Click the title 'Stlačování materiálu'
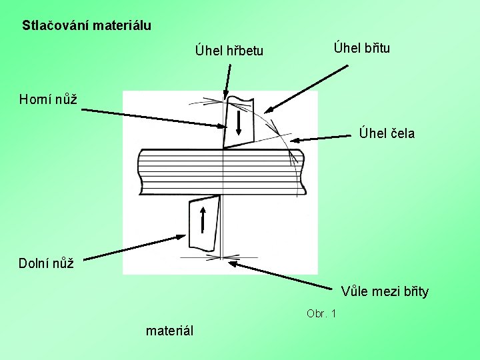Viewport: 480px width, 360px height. (87, 26)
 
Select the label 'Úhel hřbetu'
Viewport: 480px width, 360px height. (229, 51)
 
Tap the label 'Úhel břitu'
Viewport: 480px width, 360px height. (362, 47)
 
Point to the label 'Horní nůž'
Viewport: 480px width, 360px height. (48, 99)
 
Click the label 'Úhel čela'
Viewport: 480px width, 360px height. (387, 133)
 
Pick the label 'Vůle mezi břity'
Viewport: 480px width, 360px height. (385, 291)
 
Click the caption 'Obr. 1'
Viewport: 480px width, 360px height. (321, 313)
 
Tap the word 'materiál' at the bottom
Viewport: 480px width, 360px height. (169, 330)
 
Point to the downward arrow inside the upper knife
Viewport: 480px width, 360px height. (238, 124)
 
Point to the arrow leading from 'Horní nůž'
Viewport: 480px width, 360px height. (153, 118)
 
